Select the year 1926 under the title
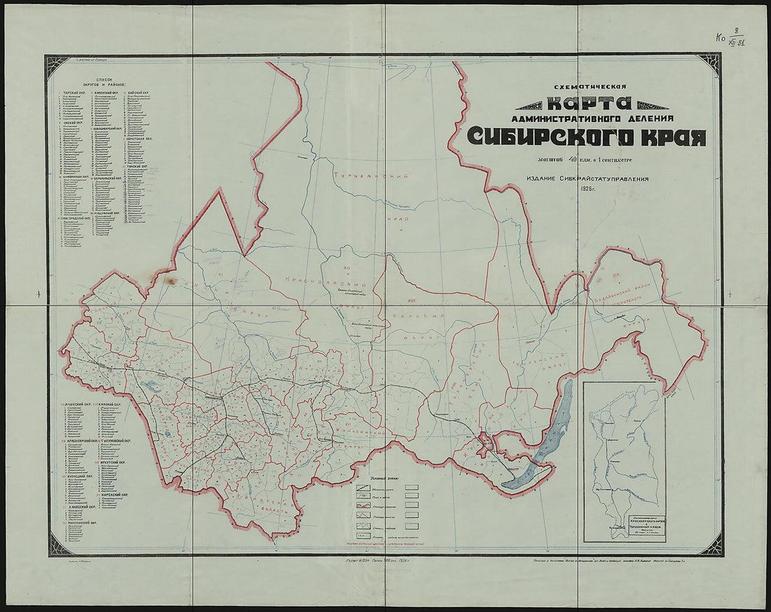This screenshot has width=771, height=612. point(587,188)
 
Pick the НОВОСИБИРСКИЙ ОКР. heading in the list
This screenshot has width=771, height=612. point(107,129)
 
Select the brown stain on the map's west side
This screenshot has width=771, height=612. point(169,280)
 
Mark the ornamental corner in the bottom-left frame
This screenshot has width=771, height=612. point(57,545)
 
